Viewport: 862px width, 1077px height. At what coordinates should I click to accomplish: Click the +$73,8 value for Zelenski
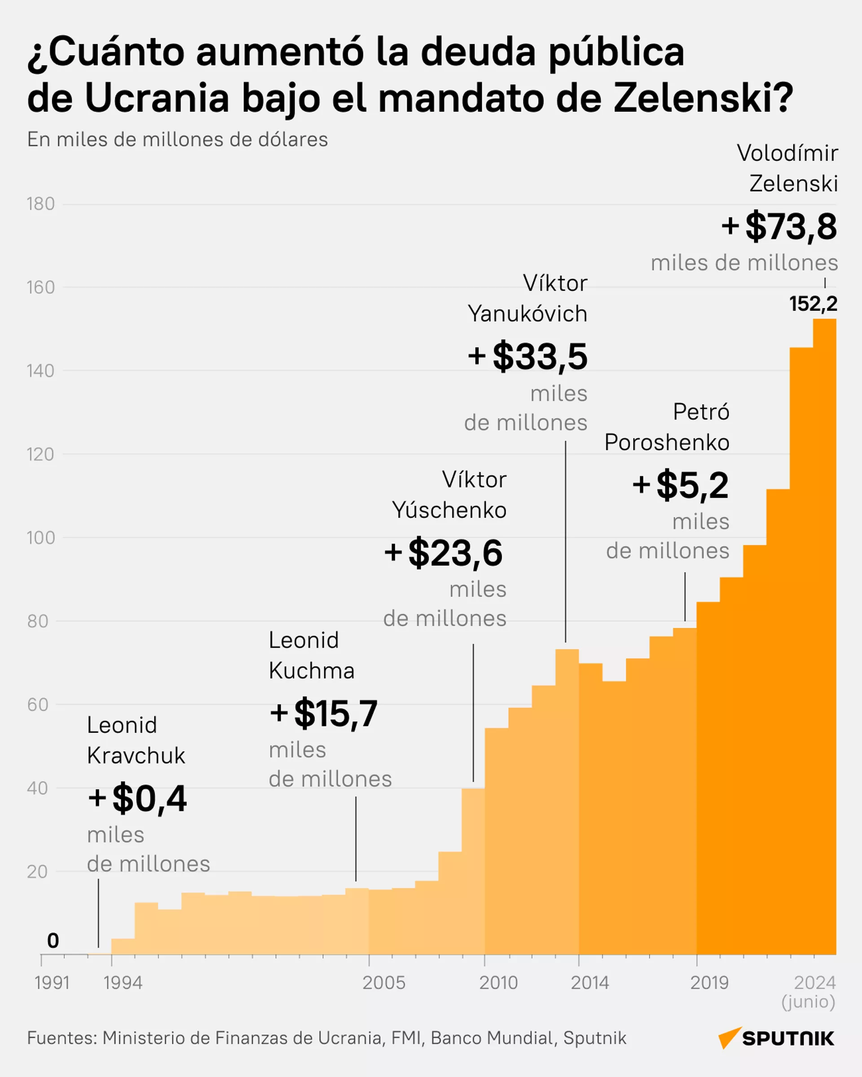coord(779,227)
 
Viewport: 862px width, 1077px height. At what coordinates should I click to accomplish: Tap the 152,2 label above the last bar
coord(813,304)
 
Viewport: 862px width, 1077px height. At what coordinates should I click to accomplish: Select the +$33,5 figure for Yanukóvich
coord(528,357)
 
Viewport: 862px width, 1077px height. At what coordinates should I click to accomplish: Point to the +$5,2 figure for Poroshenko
coord(681,485)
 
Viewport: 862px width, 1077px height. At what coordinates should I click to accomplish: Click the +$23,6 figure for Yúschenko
coord(444,553)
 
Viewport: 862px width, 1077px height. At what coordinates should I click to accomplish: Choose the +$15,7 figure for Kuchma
coord(324,713)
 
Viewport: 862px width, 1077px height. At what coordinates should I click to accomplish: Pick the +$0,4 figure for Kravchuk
coord(137,798)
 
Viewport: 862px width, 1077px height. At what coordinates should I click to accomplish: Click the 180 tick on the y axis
coord(40,204)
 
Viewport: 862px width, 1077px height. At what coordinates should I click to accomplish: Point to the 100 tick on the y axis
coord(40,538)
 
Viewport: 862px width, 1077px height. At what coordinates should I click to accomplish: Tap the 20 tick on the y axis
coord(37,872)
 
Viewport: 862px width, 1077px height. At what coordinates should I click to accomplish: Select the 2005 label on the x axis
coord(383,983)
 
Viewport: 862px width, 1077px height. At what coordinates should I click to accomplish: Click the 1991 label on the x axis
coord(52,983)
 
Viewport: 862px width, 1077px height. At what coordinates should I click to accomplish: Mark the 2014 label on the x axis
coord(590,983)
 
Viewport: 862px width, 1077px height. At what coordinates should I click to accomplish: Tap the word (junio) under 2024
coord(808,1002)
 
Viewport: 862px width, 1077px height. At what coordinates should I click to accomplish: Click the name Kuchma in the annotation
coord(312,671)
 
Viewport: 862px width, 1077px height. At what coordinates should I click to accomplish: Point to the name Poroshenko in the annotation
coord(667,442)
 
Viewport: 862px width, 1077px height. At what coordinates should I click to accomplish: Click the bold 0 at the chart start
coord(53,940)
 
